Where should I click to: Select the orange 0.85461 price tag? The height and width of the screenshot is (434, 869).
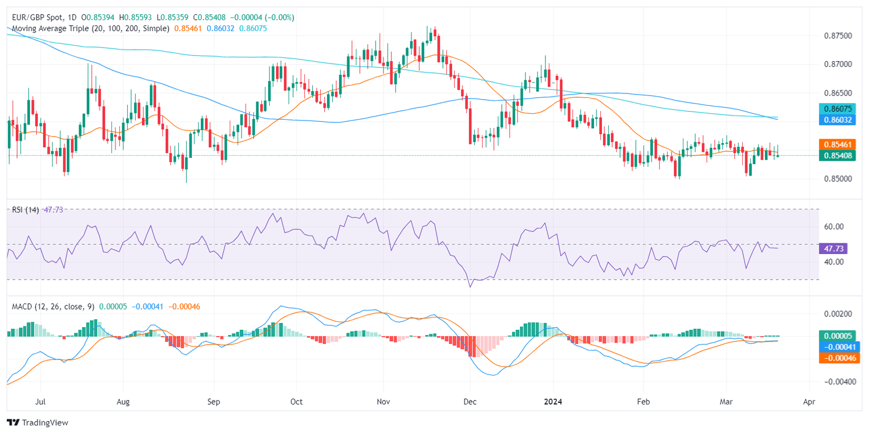tap(839, 144)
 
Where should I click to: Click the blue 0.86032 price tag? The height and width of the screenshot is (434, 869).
tap(839, 120)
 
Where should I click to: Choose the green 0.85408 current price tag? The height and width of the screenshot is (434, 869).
tap(839, 155)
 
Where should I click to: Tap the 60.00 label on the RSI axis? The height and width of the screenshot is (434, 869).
tap(835, 227)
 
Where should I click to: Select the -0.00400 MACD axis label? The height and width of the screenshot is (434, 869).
tap(837, 382)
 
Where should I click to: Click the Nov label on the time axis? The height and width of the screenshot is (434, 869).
tap(383, 402)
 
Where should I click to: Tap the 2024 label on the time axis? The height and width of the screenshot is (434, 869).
tap(554, 402)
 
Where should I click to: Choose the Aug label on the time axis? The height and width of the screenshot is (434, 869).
tap(123, 402)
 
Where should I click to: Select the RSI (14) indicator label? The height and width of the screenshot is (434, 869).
tap(25, 210)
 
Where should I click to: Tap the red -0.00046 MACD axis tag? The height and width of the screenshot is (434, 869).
tap(839, 358)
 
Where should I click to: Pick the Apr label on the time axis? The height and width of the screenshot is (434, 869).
tap(809, 402)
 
